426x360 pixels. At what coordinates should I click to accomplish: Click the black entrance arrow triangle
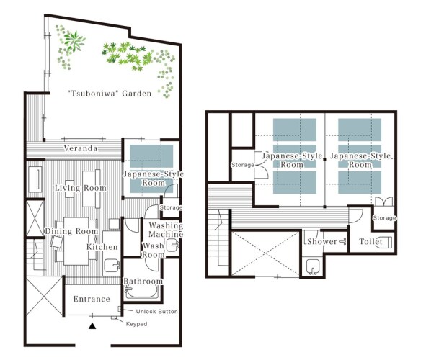92,326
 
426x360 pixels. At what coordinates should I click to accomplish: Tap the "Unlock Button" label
156,312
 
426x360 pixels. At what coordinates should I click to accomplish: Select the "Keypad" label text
137,324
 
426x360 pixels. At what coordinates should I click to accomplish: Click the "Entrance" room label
92,299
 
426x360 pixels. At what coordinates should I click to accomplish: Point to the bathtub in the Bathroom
141,292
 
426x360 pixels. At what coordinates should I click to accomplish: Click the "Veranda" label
81,148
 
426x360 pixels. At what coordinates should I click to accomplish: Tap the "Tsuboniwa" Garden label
110,94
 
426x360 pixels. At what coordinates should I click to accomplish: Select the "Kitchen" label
102,247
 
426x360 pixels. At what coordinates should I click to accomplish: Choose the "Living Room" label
81,188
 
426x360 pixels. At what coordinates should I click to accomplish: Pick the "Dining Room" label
71,231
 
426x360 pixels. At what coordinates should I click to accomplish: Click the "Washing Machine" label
166,230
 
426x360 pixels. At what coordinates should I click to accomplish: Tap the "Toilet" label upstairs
370,241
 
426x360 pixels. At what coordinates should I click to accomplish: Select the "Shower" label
322,241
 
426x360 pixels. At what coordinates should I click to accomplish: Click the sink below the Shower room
313,266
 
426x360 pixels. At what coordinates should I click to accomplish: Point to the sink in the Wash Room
172,246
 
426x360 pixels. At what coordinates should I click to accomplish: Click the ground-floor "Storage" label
171,207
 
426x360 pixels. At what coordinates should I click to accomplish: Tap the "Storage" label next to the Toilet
384,218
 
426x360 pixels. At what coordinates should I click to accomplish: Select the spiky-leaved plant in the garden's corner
74,41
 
